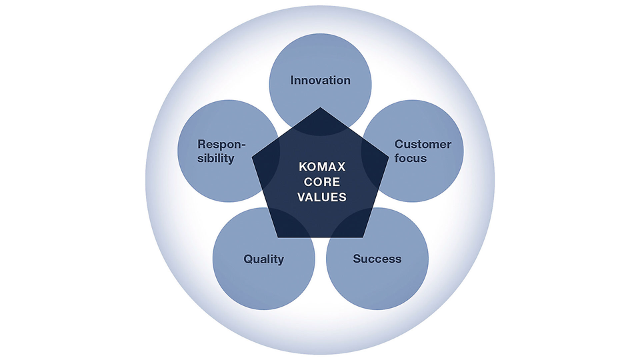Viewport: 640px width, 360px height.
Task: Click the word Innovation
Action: click(x=321, y=81)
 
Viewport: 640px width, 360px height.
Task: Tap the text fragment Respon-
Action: click(x=221, y=145)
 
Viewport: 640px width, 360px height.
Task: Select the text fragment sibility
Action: click(x=216, y=159)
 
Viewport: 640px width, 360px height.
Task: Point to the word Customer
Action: click(x=423, y=145)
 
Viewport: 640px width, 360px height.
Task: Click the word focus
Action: click(x=411, y=159)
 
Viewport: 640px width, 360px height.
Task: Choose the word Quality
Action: click(x=264, y=259)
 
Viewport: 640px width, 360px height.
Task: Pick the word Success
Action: click(x=377, y=259)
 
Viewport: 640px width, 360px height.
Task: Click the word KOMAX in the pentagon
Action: click(x=322, y=167)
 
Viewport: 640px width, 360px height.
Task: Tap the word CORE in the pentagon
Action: click(x=322, y=181)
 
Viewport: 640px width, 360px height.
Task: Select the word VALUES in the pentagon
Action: click(x=322, y=197)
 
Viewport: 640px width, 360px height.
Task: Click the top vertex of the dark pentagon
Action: click(x=321, y=107)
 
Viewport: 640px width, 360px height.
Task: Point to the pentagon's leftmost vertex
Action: click(x=252, y=157)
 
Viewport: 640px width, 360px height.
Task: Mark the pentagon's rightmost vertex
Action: click(x=389, y=157)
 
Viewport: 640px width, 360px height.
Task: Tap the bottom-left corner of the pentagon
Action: click(x=278, y=237)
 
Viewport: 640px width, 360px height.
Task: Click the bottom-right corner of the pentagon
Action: click(x=363, y=237)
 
